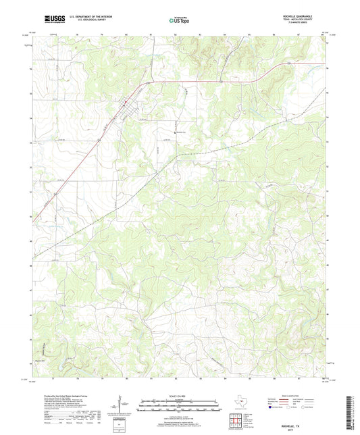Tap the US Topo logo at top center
click(179, 21)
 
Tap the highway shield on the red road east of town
click(288, 63)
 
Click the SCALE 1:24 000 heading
click(179, 396)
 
